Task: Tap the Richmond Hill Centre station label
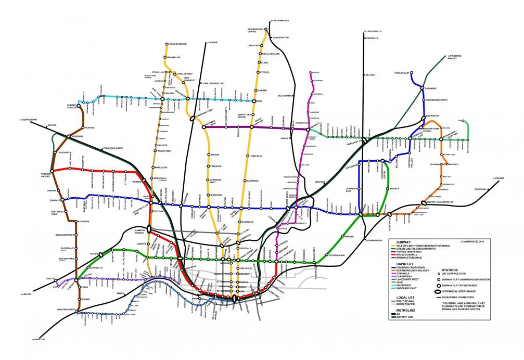[256, 30]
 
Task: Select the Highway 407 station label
[175, 57]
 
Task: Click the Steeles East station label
[403, 73]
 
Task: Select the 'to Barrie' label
[212, 42]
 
